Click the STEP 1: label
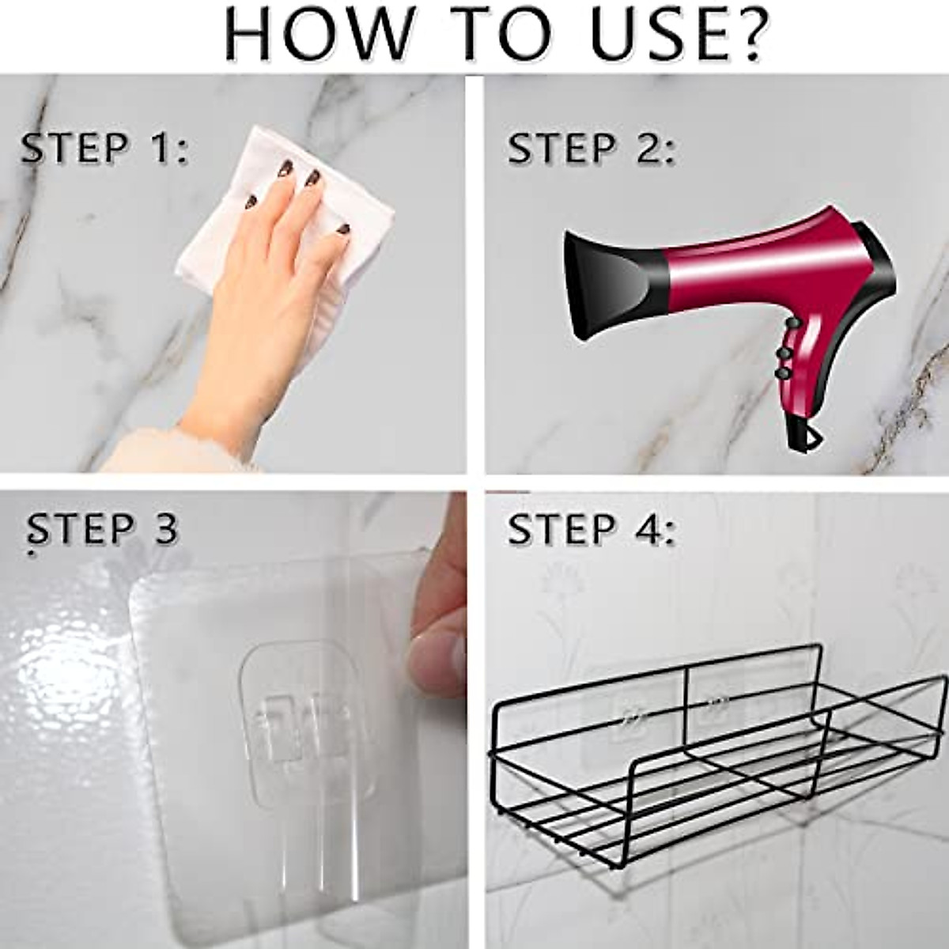coord(104,149)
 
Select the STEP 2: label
coord(592,149)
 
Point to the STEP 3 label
coord(103,528)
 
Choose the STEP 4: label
coord(592,528)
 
